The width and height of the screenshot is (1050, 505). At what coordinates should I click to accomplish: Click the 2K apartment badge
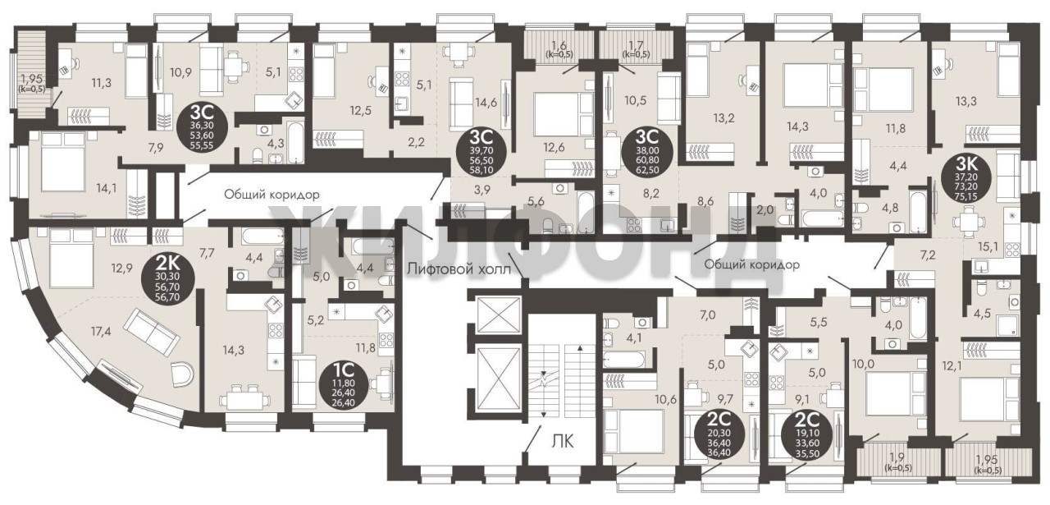coord(167,278)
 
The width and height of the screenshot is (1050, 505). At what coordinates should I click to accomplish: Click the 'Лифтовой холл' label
coord(459,269)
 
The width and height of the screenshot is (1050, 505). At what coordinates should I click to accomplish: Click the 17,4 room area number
coord(102,332)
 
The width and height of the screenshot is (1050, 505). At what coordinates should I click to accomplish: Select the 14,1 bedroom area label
coord(107,188)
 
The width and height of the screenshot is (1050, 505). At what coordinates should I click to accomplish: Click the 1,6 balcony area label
coord(559,45)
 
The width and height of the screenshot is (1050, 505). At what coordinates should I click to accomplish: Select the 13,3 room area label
coord(966,101)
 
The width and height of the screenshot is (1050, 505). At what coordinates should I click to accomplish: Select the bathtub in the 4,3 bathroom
coord(294,142)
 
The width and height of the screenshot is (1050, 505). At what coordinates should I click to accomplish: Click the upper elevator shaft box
coord(498,314)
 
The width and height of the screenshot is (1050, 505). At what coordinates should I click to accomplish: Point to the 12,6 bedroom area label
coord(554,147)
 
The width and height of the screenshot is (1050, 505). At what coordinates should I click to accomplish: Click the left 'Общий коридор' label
coord(272,194)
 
